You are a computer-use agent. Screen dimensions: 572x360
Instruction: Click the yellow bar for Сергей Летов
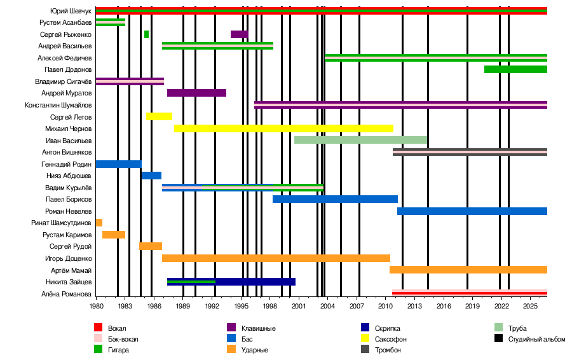pos(159,116)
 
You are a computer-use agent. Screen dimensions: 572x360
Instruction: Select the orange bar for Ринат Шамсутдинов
pos(99,223)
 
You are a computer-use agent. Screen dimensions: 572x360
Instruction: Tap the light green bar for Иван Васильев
pos(360,140)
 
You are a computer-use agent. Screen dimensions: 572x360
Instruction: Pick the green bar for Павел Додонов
pos(515,69)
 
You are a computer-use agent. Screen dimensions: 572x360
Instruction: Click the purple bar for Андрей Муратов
pos(196,93)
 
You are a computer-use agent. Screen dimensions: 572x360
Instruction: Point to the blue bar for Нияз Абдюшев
pos(151,176)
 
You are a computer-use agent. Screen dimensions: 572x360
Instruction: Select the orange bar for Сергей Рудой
pos(151,246)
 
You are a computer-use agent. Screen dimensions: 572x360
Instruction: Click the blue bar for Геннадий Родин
pos(119,164)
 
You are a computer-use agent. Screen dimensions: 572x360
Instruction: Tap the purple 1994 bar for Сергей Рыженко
pos(240,34)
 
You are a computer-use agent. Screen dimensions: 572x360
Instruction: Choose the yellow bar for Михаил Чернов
pos(284,128)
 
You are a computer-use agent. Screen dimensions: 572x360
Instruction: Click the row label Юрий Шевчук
pos(71,11)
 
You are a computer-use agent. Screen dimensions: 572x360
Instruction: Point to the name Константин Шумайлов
pos(58,105)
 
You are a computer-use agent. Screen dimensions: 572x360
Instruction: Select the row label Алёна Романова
pos(66,294)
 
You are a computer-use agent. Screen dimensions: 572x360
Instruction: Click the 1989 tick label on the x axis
pos(183,306)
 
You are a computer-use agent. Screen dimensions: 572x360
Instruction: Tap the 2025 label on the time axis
pos(530,306)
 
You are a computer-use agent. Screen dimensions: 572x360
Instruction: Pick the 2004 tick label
pos(327,306)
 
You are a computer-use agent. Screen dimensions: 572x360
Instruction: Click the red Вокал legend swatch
pos(98,328)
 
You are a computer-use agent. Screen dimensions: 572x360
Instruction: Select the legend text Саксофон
pos(390,339)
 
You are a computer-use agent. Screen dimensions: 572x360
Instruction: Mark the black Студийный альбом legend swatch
pos(499,338)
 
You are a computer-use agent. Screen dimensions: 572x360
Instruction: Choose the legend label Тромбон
pos(388,350)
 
